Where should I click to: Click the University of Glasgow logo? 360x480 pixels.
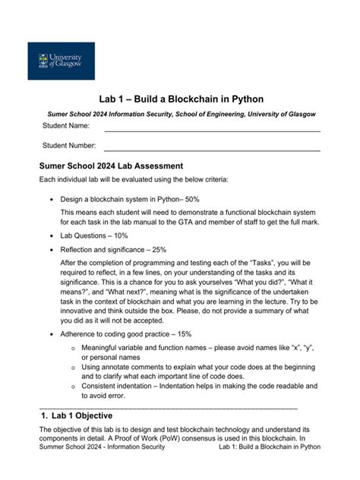(x=62, y=61)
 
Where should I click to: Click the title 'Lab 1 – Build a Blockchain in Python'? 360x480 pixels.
(x=181, y=99)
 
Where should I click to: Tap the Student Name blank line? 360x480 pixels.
(x=212, y=130)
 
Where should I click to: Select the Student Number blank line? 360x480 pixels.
(x=212, y=150)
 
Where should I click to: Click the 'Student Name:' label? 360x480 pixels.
(x=66, y=125)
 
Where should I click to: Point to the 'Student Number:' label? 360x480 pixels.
(x=70, y=145)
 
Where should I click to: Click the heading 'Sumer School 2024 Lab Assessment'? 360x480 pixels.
(x=111, y=166)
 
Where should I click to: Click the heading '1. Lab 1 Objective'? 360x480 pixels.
(x=78, y=415)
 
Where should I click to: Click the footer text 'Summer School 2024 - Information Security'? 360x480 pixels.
(x=102, y=447)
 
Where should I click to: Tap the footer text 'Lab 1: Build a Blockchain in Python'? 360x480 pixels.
(x=270, y=447)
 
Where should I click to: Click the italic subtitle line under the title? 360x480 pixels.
(x=181, y=114)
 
